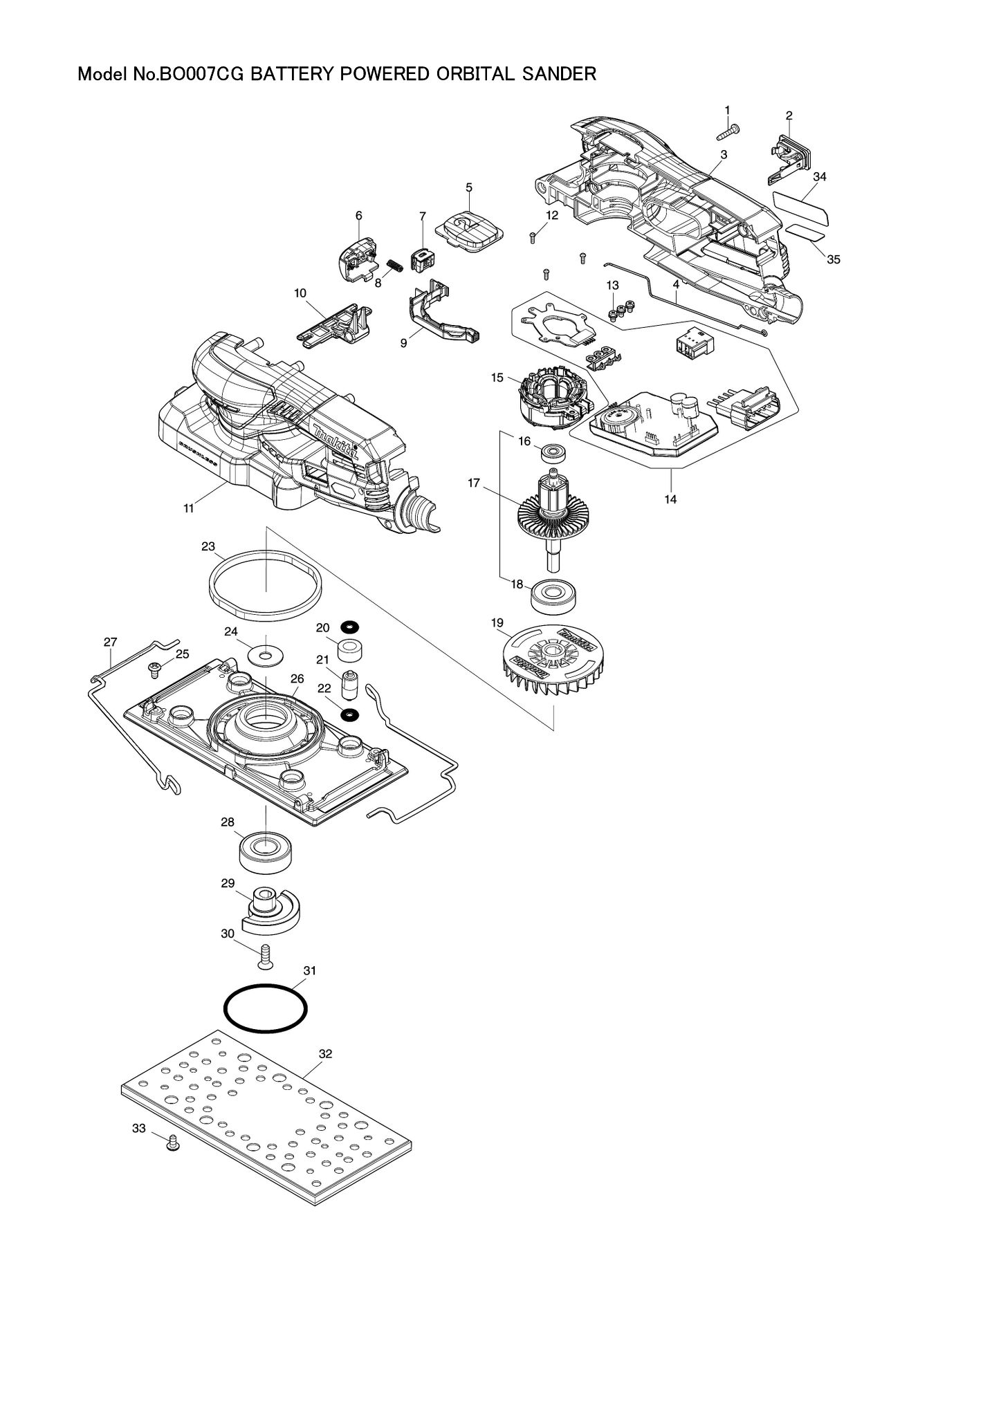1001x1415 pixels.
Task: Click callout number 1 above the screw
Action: (727, 110)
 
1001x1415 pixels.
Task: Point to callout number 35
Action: (834, 259)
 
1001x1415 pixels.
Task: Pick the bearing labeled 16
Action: (553, 454)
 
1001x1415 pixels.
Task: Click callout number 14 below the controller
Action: (670, 499)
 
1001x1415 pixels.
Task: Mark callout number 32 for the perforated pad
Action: (325, 1054)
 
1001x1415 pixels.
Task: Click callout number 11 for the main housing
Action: (188, 508)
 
